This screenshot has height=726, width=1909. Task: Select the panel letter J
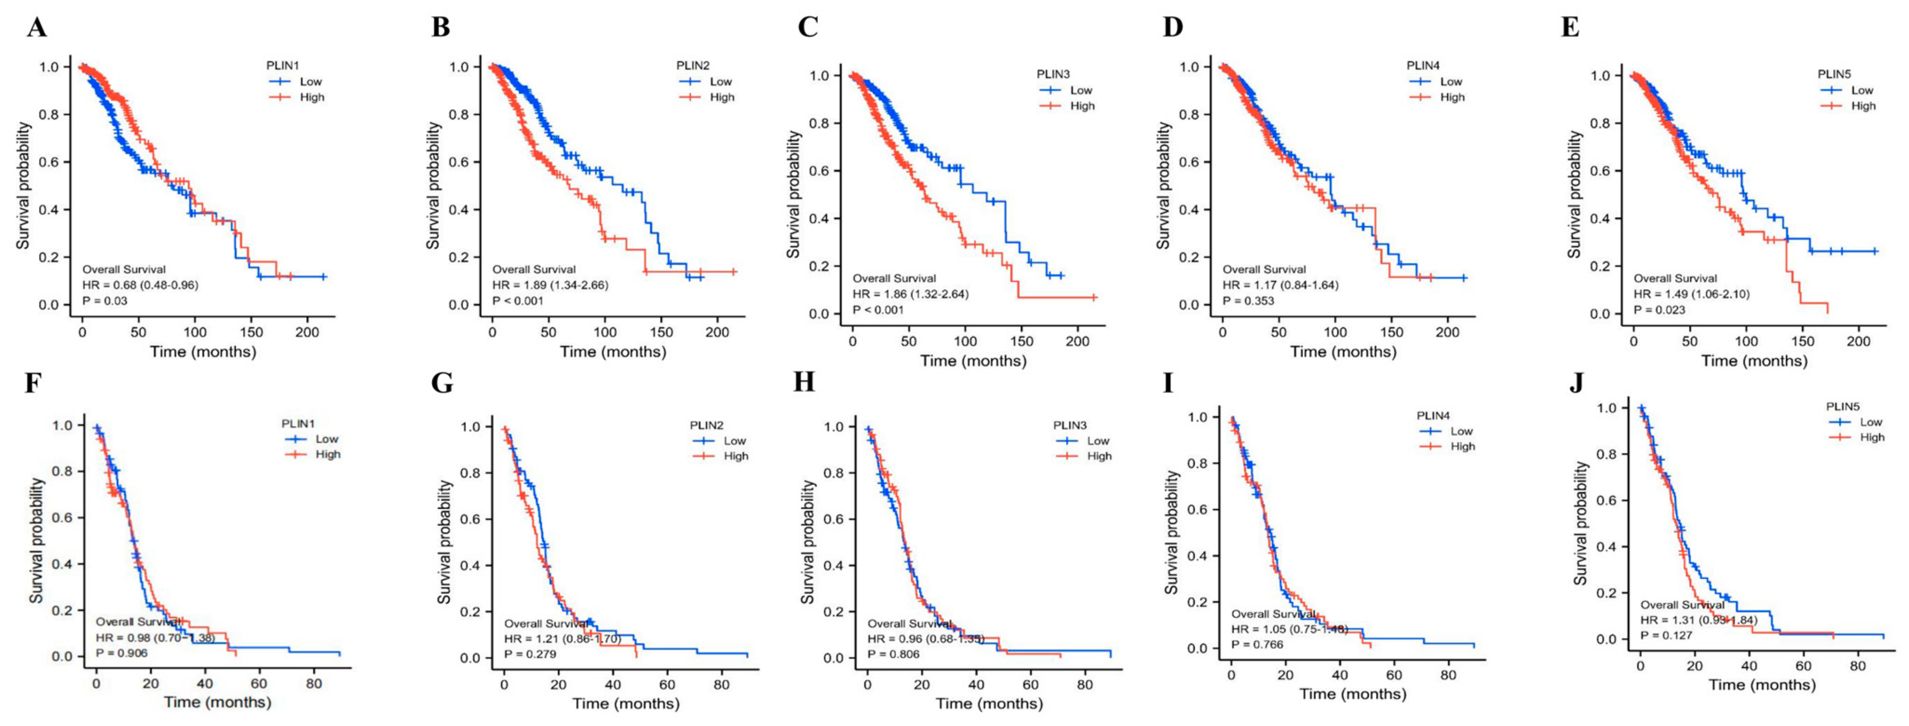click(x=1576, y=383)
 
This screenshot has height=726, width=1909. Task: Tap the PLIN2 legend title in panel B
click(x=692, y=66)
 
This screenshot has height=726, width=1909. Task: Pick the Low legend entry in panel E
click(x=1861, y=91)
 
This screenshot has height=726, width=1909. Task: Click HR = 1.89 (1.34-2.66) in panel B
click(x=550, y=285)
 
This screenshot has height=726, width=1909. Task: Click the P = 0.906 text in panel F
click(x=122, y=653)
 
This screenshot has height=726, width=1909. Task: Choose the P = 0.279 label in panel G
click(x=530, y=654)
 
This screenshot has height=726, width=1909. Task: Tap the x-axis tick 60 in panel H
click(x=1030, y=685)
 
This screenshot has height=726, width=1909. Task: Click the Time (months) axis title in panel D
click(x=1343, y=352)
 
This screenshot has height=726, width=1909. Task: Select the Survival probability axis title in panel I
click(x=1171, y=532)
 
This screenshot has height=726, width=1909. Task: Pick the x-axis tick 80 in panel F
click(x=314, y=683)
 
